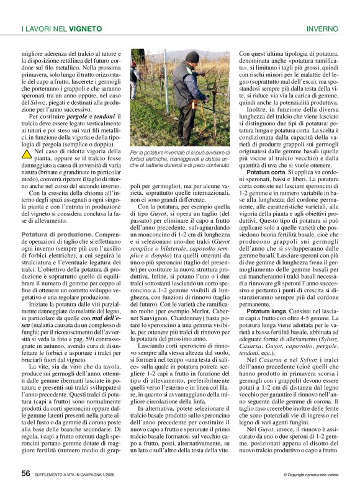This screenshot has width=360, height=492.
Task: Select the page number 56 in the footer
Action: pyautogui.click(x=26, y=473)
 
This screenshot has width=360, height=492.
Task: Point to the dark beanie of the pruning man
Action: pyautogui.click(x=193, y=57)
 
